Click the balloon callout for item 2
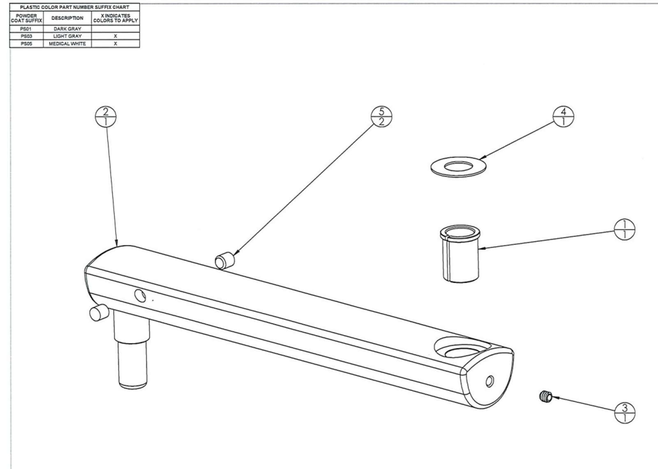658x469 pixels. point(106,117)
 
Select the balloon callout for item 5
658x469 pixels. point(381,117)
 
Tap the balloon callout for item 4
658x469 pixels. point(563,117)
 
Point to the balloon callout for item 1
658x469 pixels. point(624,229)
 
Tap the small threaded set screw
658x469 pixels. point(544,397)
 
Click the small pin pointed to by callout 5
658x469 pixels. point(224,261)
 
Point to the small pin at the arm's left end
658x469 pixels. point(98,313)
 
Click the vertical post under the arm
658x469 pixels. point(132,353)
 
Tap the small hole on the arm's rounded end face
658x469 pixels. point(489,382)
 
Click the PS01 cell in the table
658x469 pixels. point(26,29)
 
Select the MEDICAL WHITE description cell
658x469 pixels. point(67,44)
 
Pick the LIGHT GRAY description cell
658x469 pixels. point(67,36)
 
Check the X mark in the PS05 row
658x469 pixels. point(115,44)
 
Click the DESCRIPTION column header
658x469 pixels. point(67,18)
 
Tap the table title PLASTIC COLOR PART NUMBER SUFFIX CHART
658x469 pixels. point(74,7)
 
